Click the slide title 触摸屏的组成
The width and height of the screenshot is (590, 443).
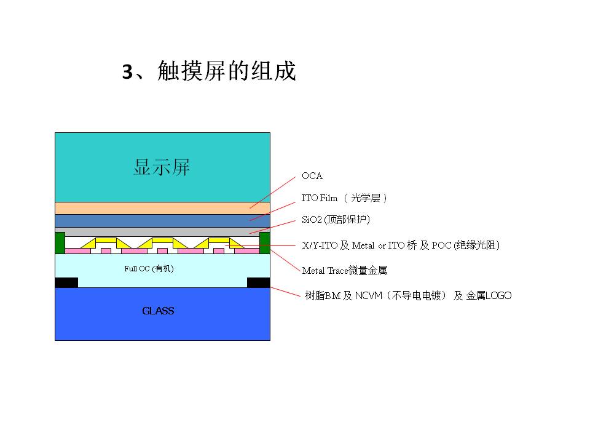[227, 71]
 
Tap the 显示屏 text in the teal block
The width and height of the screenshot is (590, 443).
[162, 167]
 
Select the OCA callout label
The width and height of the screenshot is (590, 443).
[312, 176]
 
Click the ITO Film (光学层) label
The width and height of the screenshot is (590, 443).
[344, 198]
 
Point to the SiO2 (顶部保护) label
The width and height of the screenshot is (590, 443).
[336, 219]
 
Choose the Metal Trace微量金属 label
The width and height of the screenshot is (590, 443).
[344, 271]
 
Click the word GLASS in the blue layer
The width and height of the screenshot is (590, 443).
[158, 311]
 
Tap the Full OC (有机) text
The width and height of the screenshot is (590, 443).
[149, 269]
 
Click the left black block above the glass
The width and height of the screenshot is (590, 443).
[66, 282]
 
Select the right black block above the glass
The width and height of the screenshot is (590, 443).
[259, 282]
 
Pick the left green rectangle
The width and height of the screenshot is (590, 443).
[60, 243]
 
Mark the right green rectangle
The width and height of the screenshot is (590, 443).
[265, 243]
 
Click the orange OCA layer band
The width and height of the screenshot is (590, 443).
[162, 209]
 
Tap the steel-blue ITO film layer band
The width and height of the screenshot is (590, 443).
[162, 221]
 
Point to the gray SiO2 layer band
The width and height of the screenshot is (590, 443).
[162, 232]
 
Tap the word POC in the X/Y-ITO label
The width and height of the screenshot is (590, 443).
[441, 245]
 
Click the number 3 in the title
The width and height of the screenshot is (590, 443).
[128, 71]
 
